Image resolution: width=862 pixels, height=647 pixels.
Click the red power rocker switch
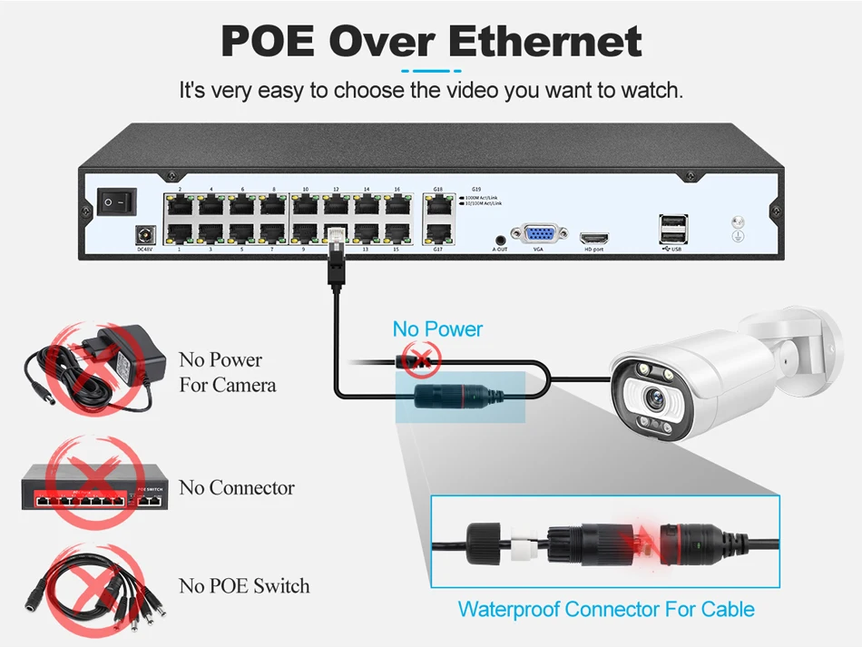[117, 201]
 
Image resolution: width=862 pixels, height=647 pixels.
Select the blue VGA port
[537, 233]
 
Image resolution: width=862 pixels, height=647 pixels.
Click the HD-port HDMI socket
[594, 236]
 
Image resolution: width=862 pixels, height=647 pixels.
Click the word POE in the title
[268, 42]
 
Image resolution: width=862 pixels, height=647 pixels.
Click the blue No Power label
[437, 328]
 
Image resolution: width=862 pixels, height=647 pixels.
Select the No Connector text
[237, 488]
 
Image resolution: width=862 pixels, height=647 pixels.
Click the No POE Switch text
[244, 586]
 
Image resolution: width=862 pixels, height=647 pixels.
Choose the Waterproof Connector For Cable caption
[605, 609]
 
